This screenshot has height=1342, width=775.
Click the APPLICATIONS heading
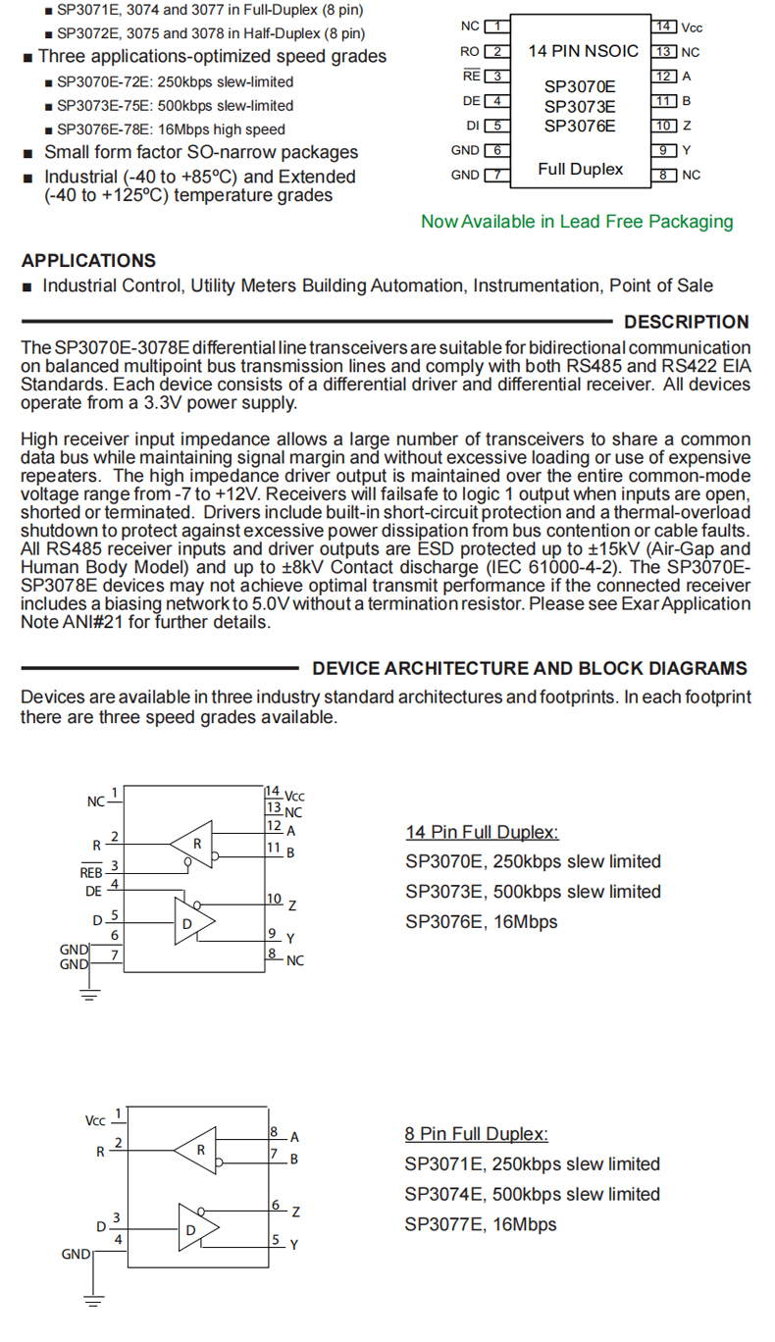(88, 261)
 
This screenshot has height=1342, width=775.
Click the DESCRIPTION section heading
(686, 322)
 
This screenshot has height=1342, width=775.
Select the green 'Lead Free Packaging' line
(577, 222)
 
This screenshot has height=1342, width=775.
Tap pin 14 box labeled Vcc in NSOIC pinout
(664, 26)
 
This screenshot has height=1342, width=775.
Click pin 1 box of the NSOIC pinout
(498, 26)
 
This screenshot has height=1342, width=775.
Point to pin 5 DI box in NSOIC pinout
(498, 126)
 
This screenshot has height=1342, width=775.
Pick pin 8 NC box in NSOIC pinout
(664, 175)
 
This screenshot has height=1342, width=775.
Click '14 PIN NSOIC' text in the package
(583, 51)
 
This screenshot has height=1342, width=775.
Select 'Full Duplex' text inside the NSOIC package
(580, 170)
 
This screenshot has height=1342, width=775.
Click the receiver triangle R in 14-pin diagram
(194, 844)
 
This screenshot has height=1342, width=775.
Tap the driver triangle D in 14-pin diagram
(190, 922)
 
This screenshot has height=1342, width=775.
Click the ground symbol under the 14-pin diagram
(90, 997)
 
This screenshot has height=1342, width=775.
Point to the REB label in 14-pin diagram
(91, 872)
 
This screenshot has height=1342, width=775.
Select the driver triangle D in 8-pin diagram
(194, 1227)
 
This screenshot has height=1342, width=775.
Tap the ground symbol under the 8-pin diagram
(94, 1303)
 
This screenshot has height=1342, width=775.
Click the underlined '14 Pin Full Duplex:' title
(482, 833)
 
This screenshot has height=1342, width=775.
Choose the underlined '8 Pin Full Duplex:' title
(477, 1134)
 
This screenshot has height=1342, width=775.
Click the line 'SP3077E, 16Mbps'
(481, 1224)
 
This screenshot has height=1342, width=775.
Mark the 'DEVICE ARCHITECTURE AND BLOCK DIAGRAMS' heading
(529, 669)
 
